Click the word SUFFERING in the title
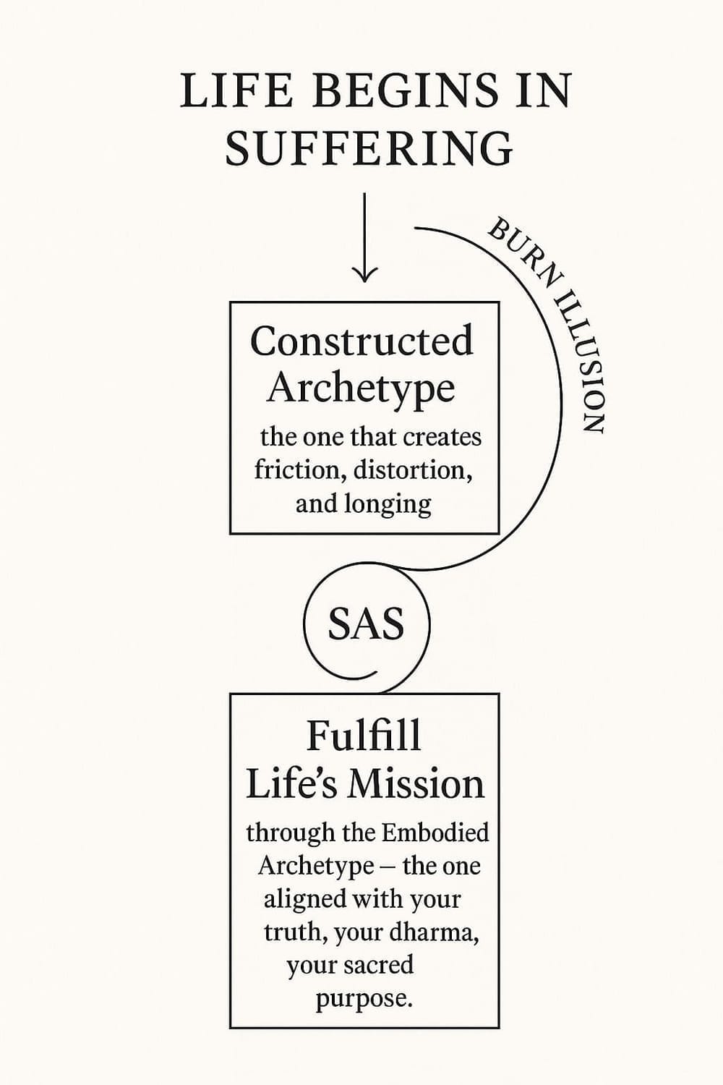tap(369, 148)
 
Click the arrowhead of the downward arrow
tap(364, 273)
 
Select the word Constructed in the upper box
tap(361, 341)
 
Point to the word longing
tap(388, 503)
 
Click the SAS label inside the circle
tap(366, 624)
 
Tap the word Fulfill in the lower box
tap(363, 736)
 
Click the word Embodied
tap(435, 833)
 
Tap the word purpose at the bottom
tap(364, 999)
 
